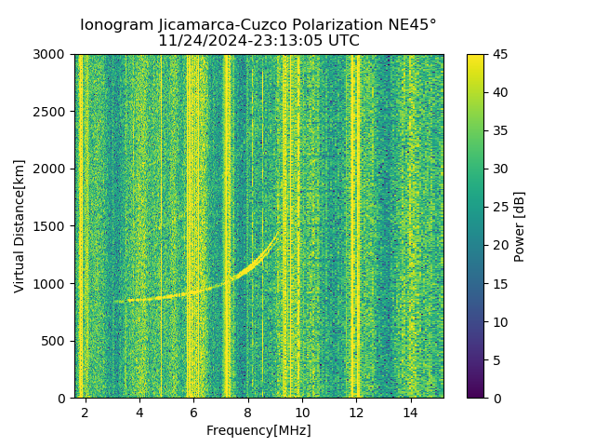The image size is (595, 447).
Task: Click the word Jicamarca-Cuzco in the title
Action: [x=242, y=25]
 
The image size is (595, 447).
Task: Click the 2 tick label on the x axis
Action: [x=86, y=412]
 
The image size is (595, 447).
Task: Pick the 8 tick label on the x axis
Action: [x=248, y=412]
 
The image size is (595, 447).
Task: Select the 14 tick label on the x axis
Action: [x=410, y=412]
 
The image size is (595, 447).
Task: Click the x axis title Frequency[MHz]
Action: [x=258, y=430]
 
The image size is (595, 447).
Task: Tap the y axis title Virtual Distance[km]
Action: [x=20, y=226]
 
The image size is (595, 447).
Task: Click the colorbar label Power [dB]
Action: [x=520, y=226]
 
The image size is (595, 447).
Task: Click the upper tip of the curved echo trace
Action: [x=281, y=231]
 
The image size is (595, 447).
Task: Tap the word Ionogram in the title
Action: [x=114, y=25]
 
